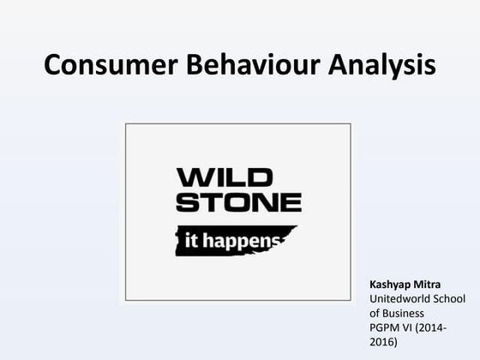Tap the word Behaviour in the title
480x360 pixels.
pyautogui.click(x=243, y=65)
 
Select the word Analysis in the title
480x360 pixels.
pyautogui.click(x=375, y=65)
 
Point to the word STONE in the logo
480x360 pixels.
pyautogui.click(x=238, y=203)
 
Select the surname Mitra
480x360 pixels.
pyautogui.click(x=433, y=284)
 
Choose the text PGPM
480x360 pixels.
pyautogui.click(x=385, y=327)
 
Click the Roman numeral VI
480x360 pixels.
pyautogui.click(x=411, y=327)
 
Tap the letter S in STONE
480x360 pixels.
pyautogui.click(x=186, y=203)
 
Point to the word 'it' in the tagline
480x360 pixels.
pyautogui.click(x=193, y=239)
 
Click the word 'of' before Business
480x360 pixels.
pyautogui.click(x=375, y=313)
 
